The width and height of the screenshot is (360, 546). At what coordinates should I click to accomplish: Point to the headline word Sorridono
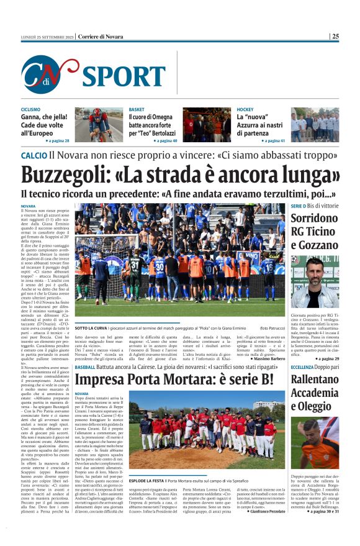click(x=313, y=218)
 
